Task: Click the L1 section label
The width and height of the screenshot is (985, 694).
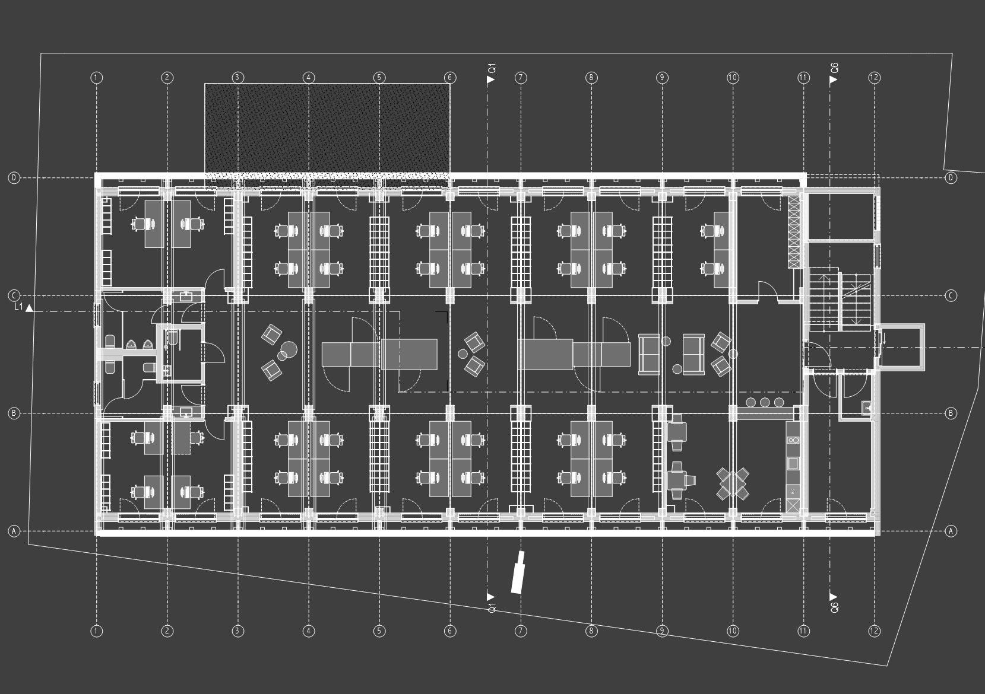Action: click(18, 307)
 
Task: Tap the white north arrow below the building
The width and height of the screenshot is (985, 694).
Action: click(518, 572)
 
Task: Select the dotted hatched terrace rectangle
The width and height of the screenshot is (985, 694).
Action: click(327, 130)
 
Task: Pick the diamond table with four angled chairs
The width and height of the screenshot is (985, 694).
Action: click(733, 483)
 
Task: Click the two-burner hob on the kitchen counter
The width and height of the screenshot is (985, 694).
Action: click(793, 440)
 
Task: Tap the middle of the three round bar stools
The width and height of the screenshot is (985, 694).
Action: click(765, 402)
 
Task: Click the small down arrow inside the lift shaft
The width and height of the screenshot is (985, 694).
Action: click(884, 339)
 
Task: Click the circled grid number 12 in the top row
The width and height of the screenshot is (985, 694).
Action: click(874, 77)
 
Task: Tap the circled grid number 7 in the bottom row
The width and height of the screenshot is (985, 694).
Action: click(521, 631)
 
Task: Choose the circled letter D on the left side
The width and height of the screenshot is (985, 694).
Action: click(14, 178)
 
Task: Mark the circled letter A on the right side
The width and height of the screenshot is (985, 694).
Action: click(951, 531)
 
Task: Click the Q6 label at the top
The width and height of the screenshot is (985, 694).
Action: click(834, 68)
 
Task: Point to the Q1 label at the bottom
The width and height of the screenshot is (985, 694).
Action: click(491, 608)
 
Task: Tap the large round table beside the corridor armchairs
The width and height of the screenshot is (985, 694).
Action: click(289, 348)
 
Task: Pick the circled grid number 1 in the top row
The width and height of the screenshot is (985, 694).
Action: click(97, 77)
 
